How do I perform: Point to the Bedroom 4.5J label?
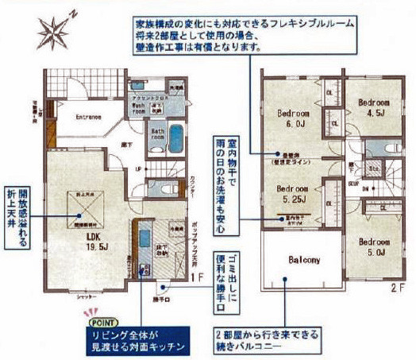pos(372,107)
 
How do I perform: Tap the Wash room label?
pos(139,108)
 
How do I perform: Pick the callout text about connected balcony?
pos(270,340)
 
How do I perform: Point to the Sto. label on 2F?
pos(373,169)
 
